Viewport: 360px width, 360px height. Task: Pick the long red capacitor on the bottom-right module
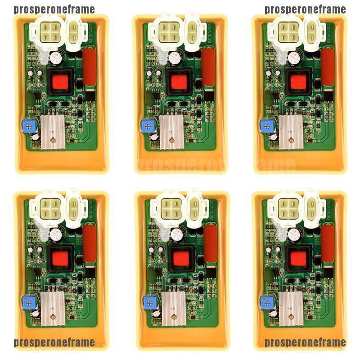click(x=328, y=244)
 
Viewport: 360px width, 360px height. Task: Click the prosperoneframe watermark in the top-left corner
click(x=54, y=9)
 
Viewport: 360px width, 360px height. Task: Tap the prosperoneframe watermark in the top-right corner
click(x=305, y=9)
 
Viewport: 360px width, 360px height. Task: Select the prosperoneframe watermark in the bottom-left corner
click(x=54, y=342)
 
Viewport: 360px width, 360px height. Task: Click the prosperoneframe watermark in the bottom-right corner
click(x=305, y=342)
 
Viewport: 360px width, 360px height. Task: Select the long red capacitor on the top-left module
click(x=90, y=67)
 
